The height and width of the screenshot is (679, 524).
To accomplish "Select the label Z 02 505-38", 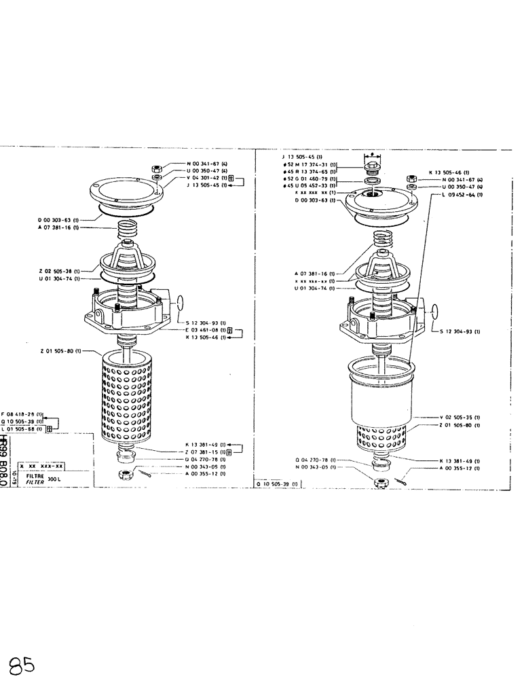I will pos(58,271).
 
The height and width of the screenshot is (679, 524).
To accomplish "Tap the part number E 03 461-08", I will pos(206,330).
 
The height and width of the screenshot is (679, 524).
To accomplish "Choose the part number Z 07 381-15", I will pos(206,452).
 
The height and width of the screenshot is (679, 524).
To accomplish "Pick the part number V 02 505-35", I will pos(460,417).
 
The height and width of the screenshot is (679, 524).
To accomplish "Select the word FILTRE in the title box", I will pos(35,477).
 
